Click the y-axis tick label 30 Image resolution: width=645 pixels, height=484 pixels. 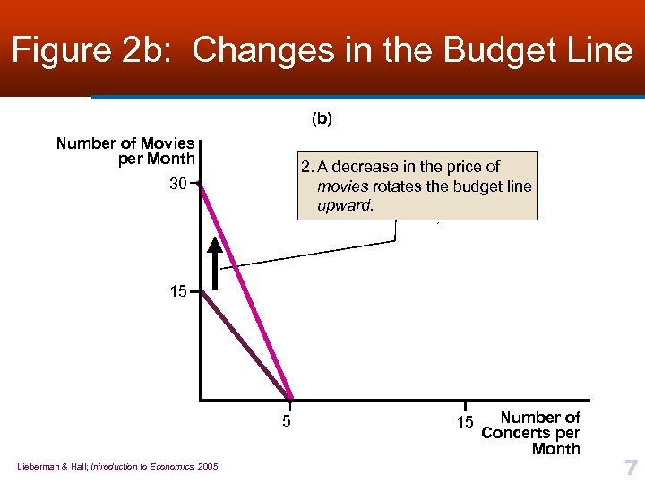[x=176, y=185]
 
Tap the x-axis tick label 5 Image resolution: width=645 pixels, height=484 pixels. [x=286, y=420]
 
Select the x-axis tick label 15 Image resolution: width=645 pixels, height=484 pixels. [x=463, y=420]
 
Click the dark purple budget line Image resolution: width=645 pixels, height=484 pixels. [x=246, y=345]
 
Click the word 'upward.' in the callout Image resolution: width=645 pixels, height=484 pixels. [x=345, y=206]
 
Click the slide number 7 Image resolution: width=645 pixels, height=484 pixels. [x=631, y=467]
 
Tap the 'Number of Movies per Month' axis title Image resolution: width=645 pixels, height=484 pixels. [x=125, y=151]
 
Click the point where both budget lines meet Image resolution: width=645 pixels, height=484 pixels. [x=291, y=398]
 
